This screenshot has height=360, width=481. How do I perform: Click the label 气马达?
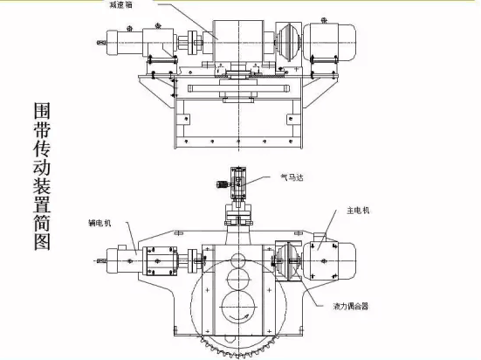(x=292, y=177)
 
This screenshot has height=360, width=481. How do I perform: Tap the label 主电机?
(x=358, y=211)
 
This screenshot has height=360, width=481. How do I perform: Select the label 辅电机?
(x=100, y=224)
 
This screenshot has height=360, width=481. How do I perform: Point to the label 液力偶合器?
(x=351, y=306)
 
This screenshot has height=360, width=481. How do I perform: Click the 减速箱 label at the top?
(x=121, y=4)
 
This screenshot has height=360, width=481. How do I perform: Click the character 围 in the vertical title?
(x=42, y=111)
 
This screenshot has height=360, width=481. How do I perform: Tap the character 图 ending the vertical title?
(x=42, y=242)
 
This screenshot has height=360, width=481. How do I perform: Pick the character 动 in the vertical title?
(x=42, y=167)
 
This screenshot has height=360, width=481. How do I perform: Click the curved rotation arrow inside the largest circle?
(x=238, y=317)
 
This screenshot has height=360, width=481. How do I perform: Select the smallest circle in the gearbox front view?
(x=238, y=260)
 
